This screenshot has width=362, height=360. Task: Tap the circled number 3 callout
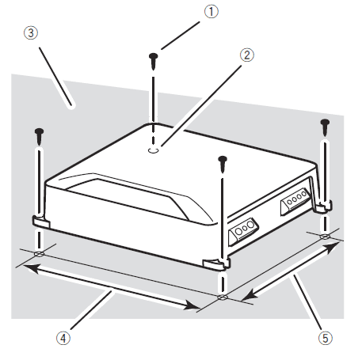29,33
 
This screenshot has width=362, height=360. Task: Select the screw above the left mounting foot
37,132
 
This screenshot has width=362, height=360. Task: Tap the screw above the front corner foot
223,162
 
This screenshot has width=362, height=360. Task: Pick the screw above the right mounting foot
324,123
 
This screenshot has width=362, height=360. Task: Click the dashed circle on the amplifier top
155,147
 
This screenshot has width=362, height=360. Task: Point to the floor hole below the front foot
223,297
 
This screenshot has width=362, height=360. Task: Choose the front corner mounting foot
215,262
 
